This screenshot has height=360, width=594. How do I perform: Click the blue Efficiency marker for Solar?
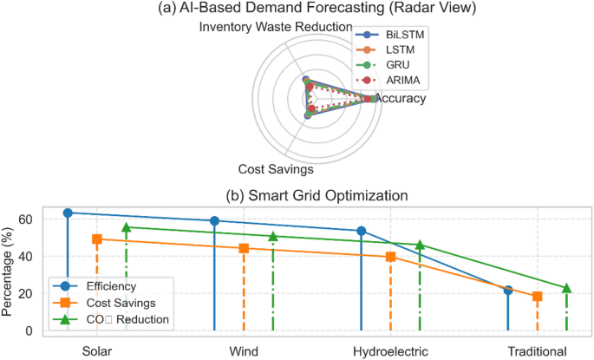pos(68,213)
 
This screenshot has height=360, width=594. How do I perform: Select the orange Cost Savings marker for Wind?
pos(244,248)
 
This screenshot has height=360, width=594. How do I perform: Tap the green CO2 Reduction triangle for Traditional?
pos(566,288)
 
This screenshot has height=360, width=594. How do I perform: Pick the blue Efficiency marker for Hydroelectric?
pos(362,232)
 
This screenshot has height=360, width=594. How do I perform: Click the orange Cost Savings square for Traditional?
pos(538,297)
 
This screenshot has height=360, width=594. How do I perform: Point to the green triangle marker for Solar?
pos(126,227)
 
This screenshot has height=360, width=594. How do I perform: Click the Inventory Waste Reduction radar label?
pos(275,27)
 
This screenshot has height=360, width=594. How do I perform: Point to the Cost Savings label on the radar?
pos(276,169)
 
